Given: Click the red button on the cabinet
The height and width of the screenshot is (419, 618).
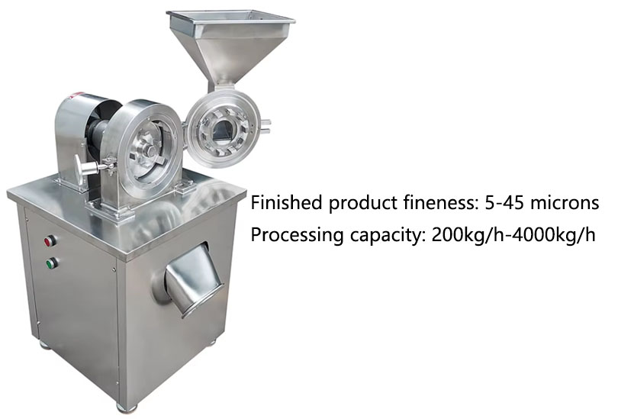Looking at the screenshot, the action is point(50,240).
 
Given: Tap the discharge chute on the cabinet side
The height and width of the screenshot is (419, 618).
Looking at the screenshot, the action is point(192,279).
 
